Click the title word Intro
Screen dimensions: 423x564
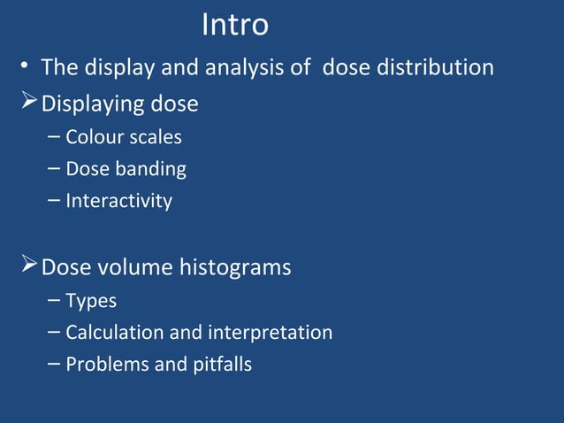point(235,26)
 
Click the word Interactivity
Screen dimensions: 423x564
point(118,201)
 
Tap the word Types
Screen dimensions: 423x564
point(91,301)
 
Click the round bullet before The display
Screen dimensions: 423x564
point(28,68)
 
